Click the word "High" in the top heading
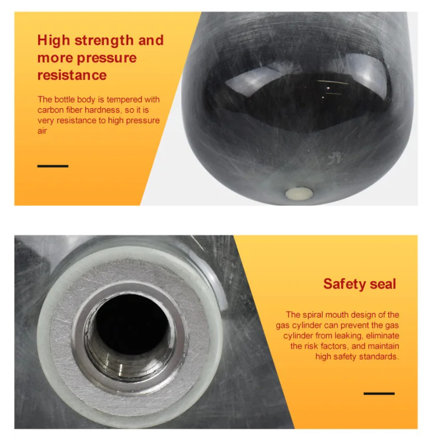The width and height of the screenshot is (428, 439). tap(53, 41)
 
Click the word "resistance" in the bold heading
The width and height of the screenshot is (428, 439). tap(72, 75)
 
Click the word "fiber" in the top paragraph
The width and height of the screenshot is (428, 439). tap(74, 110)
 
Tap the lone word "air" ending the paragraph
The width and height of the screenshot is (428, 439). tap(42, 131)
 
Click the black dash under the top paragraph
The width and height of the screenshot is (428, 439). tap(53, 166)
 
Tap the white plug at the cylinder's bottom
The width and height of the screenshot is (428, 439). tap(299, 193)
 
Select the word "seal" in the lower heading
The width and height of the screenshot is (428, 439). tap(383, 284)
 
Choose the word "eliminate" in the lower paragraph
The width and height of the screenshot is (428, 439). tap(383, 335)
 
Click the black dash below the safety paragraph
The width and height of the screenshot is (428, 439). tap(379, 394)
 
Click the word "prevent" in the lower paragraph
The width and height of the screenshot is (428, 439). tap(354, 326)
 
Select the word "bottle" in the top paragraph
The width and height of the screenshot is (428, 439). tap(64, 100)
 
